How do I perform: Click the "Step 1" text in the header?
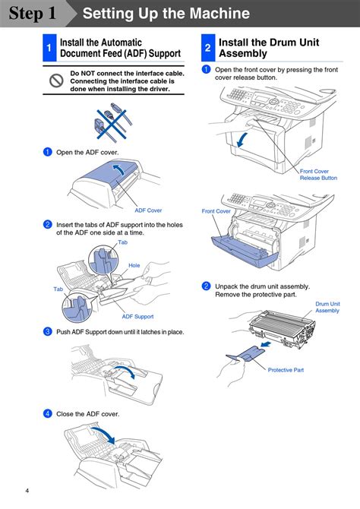click(x=33, y=14)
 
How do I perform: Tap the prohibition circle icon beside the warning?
click(x=56, y=81)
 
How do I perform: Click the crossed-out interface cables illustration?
click(x=112, y=122)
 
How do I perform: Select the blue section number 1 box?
click(x=49, y=48)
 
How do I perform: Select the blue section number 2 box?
click(x=208, y=48)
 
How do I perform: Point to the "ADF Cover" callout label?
click(x=148, y=210)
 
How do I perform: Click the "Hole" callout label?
click(x=134, y=266)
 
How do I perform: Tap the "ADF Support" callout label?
click(x=137, y=317)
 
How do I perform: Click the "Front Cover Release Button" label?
click(x=318, y=175)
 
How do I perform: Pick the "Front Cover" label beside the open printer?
click(x=216, y=211)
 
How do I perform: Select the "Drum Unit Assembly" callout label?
click(x=327, y=307)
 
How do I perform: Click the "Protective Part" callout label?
click(x=286, y=370)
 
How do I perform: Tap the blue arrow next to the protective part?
click(x=266, y=343)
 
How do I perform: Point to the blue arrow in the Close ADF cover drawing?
click(x=104, y=435)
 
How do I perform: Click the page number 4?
click(x=27, y=491)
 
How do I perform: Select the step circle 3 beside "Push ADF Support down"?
click(x=48, y=331)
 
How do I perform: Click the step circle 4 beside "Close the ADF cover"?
click(x=48, y=413)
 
